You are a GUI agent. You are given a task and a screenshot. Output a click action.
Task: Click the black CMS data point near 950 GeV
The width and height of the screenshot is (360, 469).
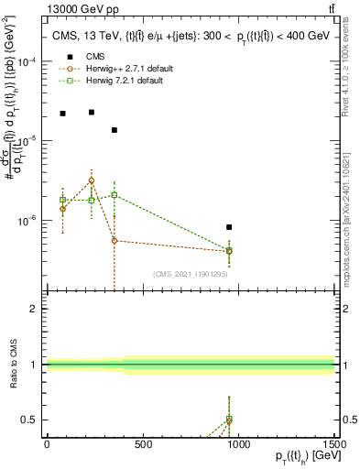click(x=229, y=227)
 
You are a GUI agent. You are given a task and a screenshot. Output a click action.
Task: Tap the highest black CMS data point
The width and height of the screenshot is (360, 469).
click(x=91, y=112)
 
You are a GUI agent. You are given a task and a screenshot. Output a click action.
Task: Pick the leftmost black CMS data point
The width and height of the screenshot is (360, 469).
click(x=62, y=114)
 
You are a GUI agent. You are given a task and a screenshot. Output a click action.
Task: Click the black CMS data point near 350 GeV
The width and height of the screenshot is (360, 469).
click(x=114, y=130)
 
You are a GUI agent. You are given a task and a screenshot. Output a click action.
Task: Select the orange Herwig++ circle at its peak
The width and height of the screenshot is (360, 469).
click(x=91, y=180)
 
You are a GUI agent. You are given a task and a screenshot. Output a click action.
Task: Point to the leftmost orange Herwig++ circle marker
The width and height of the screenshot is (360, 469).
click(x=62, y=209)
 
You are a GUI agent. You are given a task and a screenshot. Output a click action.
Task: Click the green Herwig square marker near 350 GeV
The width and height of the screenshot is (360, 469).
click(x=114, y=195)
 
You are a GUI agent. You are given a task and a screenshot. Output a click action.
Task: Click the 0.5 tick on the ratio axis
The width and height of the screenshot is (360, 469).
click(x=30, y=420)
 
